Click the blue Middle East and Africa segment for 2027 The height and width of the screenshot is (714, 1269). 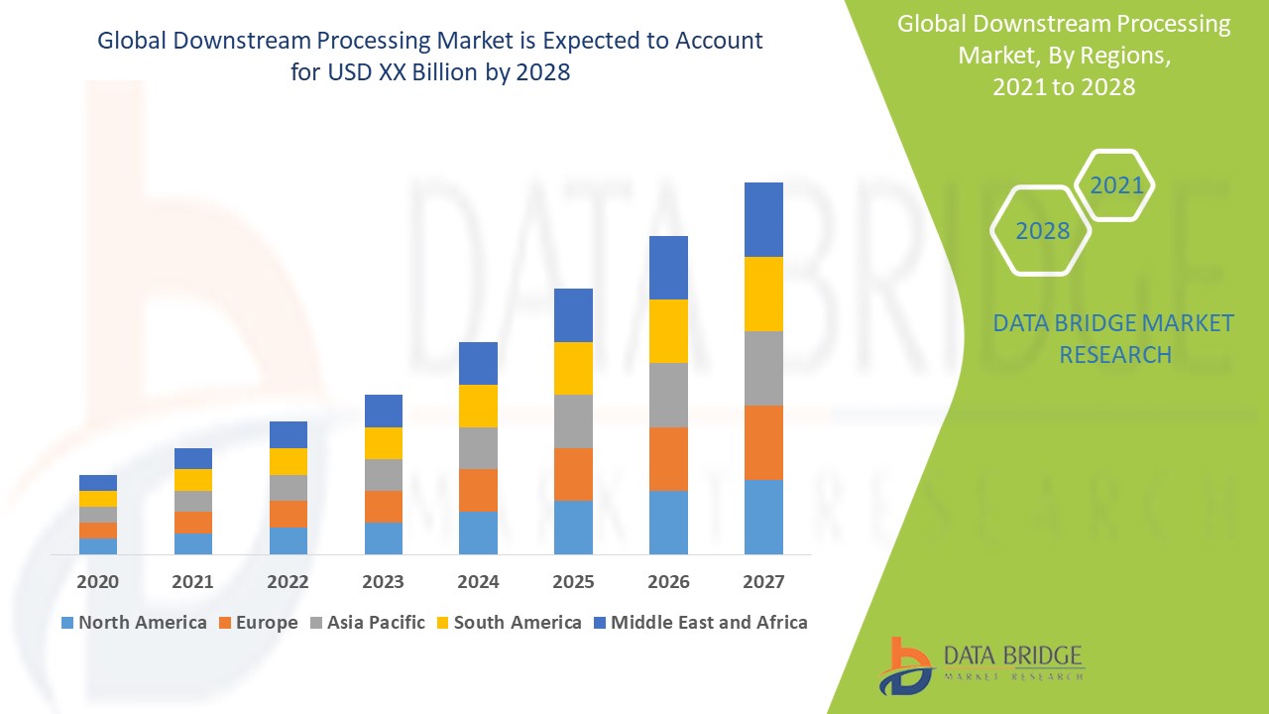763,219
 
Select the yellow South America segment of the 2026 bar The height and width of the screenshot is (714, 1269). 668,331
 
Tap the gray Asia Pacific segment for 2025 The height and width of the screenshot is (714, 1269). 573,421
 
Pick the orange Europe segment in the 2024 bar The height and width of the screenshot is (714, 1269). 478,490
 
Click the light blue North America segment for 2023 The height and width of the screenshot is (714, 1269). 384,537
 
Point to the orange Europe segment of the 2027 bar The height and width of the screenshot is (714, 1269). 763,442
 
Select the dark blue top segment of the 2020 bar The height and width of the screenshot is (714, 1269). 98,483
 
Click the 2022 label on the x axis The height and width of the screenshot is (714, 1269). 288,582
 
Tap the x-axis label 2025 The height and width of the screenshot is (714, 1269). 573,582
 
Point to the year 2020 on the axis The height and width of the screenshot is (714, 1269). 98,582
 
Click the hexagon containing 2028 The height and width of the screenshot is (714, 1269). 1042,231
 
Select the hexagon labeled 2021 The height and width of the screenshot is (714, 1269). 1115,185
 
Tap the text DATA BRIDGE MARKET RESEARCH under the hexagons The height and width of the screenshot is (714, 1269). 1113,338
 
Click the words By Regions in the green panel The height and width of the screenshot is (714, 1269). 1111,56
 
